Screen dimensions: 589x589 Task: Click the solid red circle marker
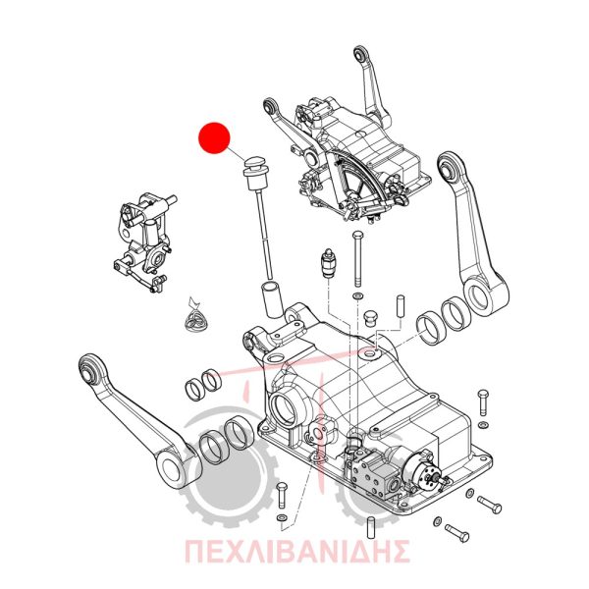click(214, 137)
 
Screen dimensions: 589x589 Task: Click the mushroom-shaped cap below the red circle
click(255, 161)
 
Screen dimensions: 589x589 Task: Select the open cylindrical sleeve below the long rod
click(272, 299)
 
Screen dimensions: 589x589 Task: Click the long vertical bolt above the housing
click(357, 259)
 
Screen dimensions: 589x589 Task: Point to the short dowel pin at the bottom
click(371, 528)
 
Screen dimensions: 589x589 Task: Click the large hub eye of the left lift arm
click(173, 469)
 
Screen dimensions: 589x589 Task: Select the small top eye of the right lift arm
click(450, 165)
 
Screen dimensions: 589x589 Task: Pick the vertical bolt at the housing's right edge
click(482, 402)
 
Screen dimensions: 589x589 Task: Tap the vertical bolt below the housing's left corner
click(282, 495)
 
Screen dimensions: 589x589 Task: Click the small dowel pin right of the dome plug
click(401, 306)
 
